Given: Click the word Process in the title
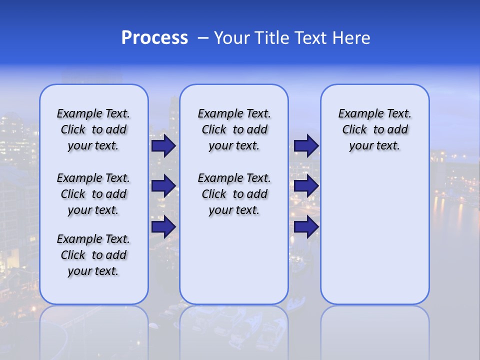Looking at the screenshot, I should [154, 38].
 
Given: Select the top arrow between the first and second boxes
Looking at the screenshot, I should [163, 146].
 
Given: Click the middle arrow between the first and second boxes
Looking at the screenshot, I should [163, 186].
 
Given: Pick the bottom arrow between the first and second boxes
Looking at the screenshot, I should [163, 226].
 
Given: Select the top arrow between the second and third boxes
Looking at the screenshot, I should [306, 146].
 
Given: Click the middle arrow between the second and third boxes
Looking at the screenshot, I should [306, 186].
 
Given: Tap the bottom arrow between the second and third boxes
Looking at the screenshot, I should [306, 226].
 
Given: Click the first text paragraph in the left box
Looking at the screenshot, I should [93, 129].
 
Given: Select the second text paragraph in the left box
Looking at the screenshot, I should [93, 194].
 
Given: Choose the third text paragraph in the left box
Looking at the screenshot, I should [93, 255].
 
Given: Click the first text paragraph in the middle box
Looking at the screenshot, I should [234, 129].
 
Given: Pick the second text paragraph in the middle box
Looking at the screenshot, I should [234, 194].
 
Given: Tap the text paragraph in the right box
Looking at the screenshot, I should [375, 129].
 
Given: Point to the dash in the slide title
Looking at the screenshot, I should [203, 38].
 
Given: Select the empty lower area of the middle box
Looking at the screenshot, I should [234, 260].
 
